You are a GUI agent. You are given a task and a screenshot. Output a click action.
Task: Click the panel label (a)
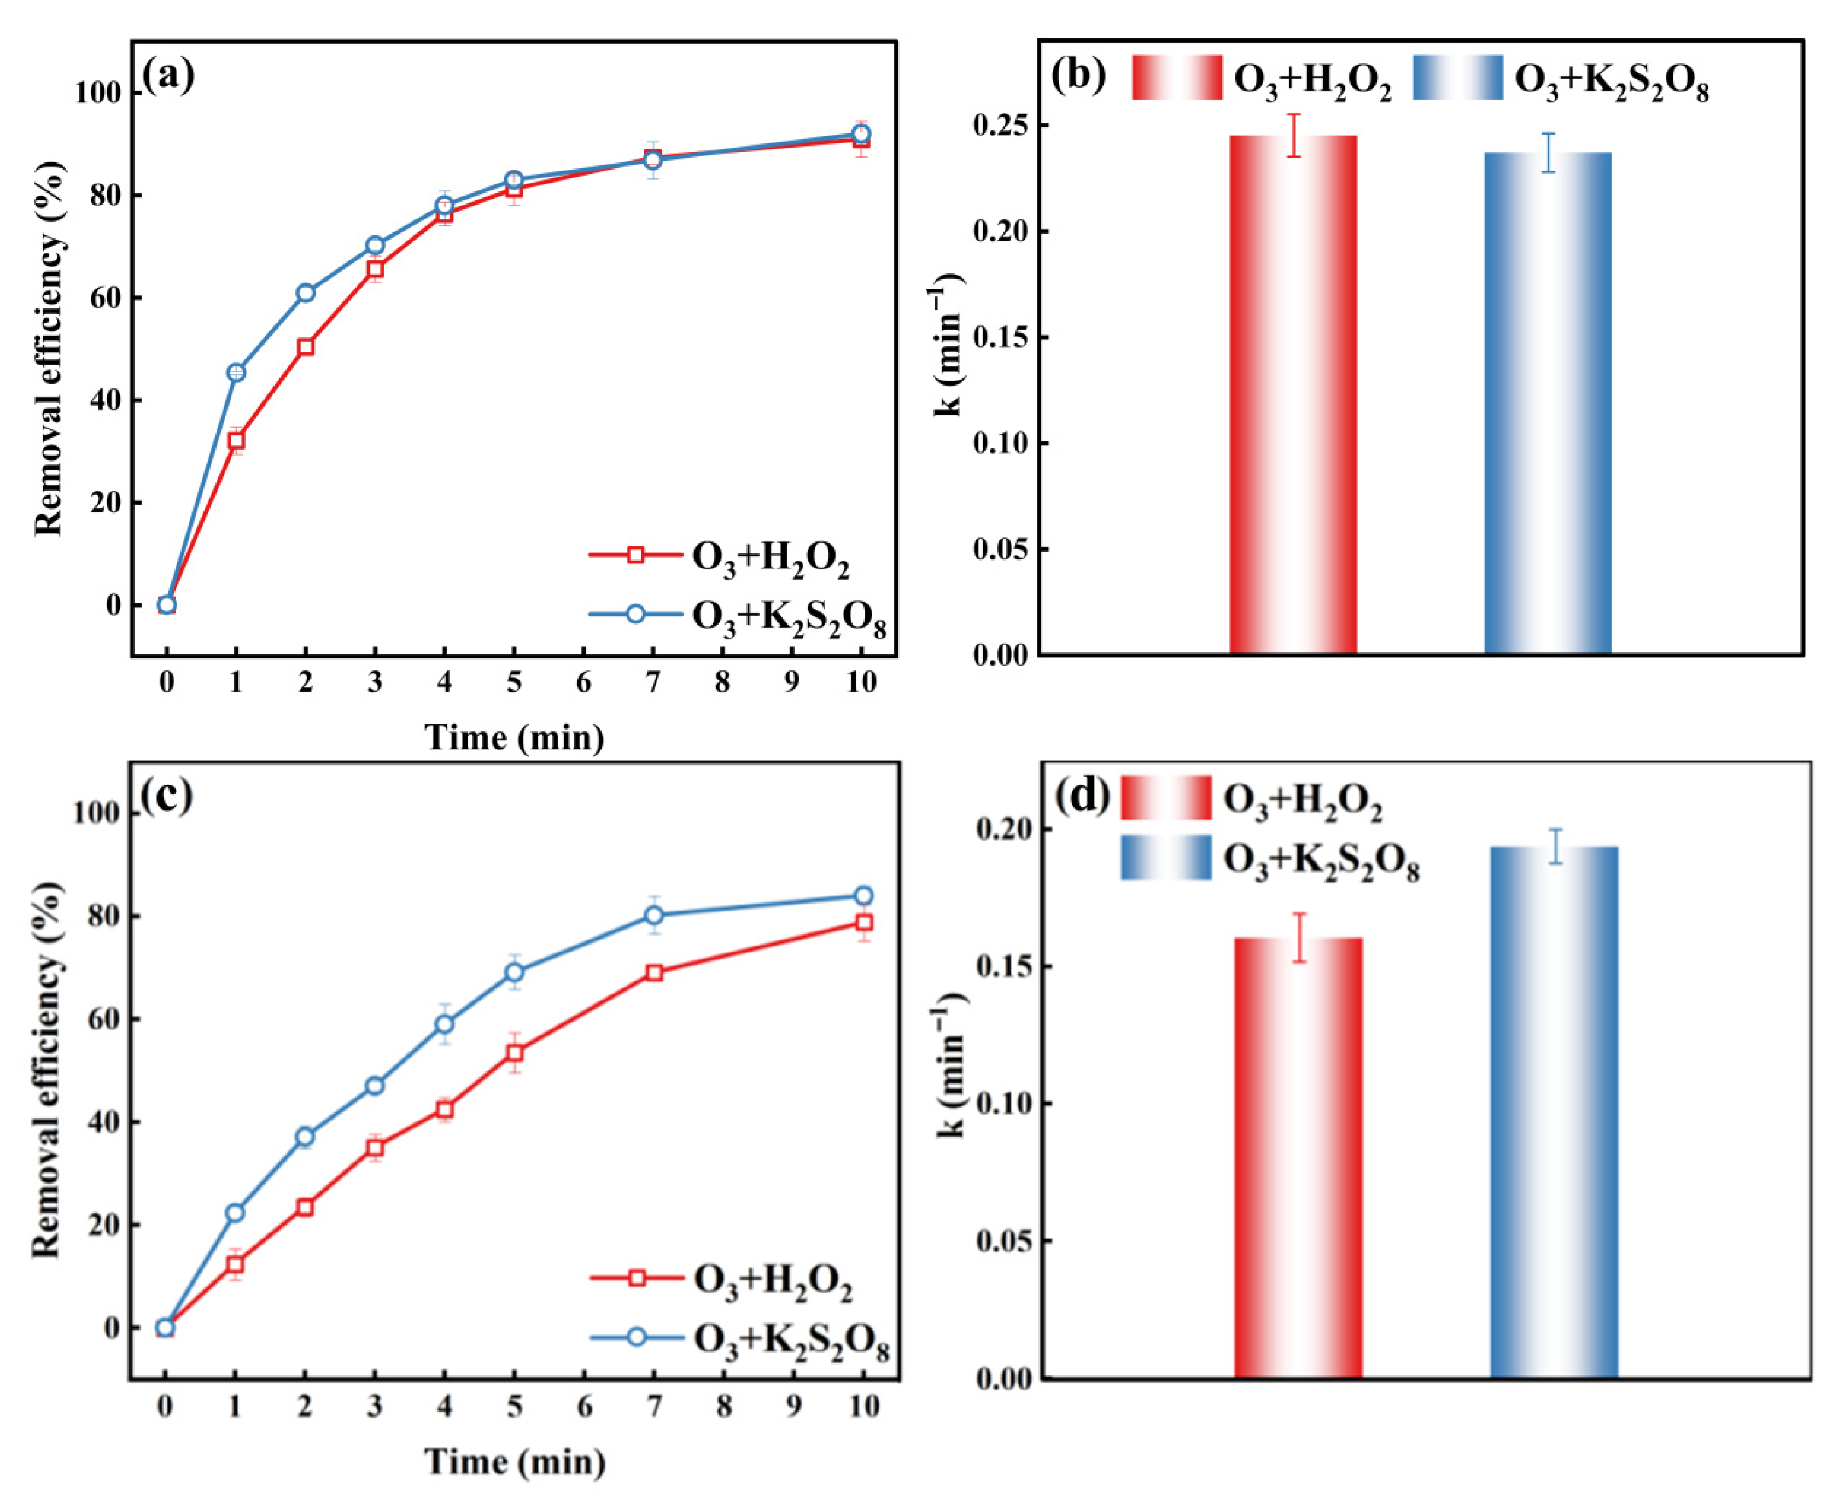click(168, 76)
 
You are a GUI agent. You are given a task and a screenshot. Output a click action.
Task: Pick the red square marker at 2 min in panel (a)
click(306, 347)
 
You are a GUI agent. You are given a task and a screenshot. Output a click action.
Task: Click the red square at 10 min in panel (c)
click(862, 923)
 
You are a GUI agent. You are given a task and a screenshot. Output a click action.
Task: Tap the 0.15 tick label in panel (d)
click(1005, 966)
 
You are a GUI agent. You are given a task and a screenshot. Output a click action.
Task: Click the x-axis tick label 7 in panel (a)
click(652, 683)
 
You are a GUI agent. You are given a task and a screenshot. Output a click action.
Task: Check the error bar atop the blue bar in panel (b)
click(1549, 153)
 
